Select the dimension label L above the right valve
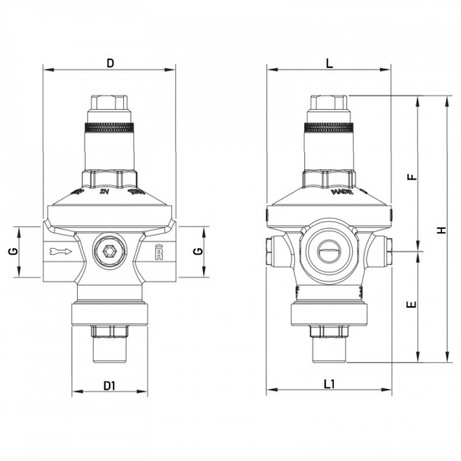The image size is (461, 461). click(329, 62)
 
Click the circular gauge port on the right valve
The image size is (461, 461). click(329, 249)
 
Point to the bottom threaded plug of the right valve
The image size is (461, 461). click(329, 344)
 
